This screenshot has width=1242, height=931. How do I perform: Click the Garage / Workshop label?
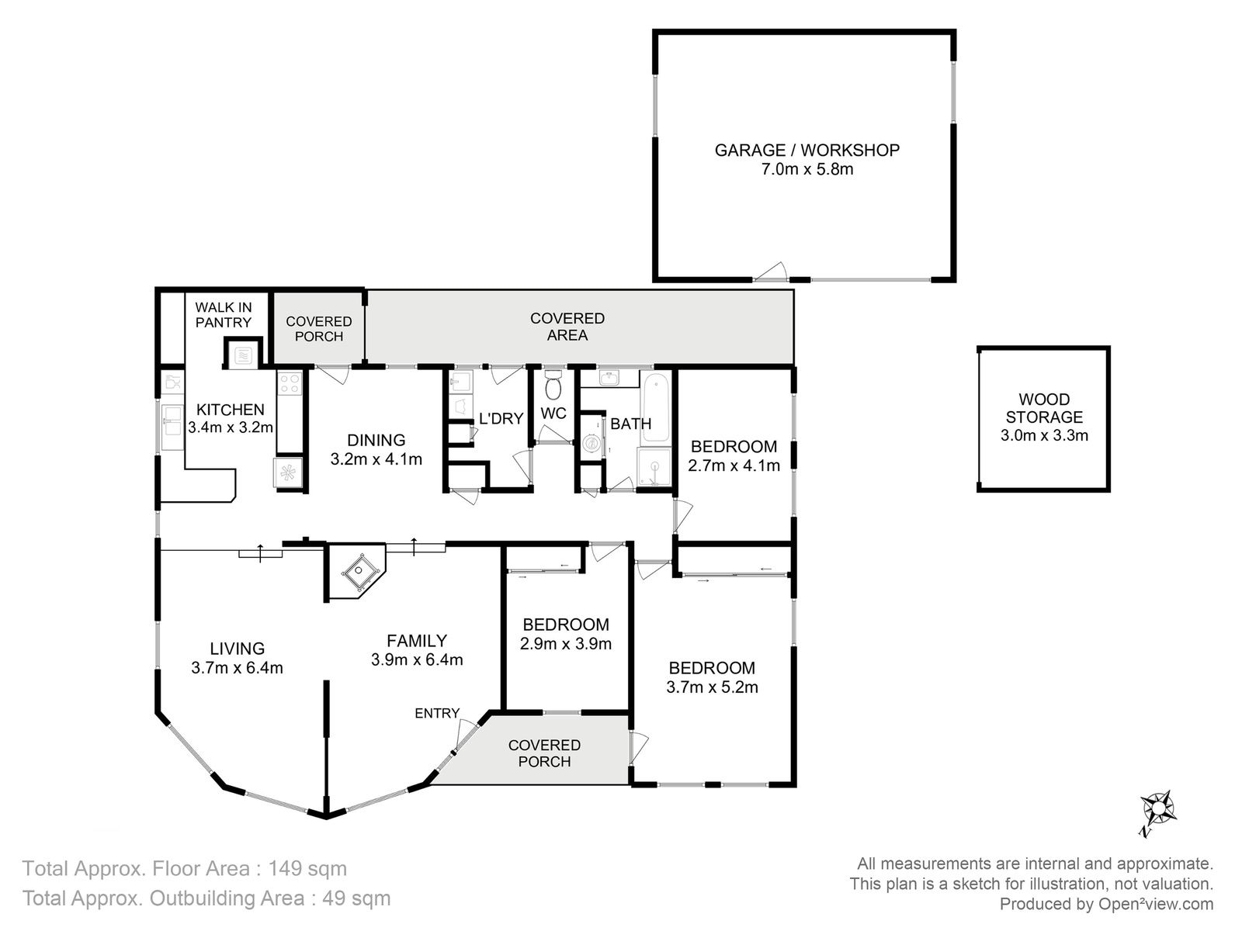807,151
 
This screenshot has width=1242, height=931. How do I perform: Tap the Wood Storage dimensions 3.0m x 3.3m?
1044,435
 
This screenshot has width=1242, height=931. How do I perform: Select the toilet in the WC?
553,386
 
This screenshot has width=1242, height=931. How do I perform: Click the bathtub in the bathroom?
656,407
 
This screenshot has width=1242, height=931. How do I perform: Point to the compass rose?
1157,810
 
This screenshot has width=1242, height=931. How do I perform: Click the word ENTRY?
437,713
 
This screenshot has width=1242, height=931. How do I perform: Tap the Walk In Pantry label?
224,315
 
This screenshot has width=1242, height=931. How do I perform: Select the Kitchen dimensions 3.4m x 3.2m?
231,427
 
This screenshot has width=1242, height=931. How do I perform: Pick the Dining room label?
376,440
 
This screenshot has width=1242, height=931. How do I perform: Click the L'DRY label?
501,418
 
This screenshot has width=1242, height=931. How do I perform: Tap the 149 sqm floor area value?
307,868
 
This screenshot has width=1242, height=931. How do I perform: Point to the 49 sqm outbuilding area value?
356,898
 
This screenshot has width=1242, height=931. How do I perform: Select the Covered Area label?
567,327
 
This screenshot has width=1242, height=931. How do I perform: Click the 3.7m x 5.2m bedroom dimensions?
712,687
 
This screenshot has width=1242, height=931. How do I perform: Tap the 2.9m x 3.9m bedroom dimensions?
565,644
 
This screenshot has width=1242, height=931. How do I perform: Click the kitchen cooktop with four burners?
290,383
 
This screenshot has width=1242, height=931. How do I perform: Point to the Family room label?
417,641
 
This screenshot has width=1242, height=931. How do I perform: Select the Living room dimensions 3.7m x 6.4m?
237,667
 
